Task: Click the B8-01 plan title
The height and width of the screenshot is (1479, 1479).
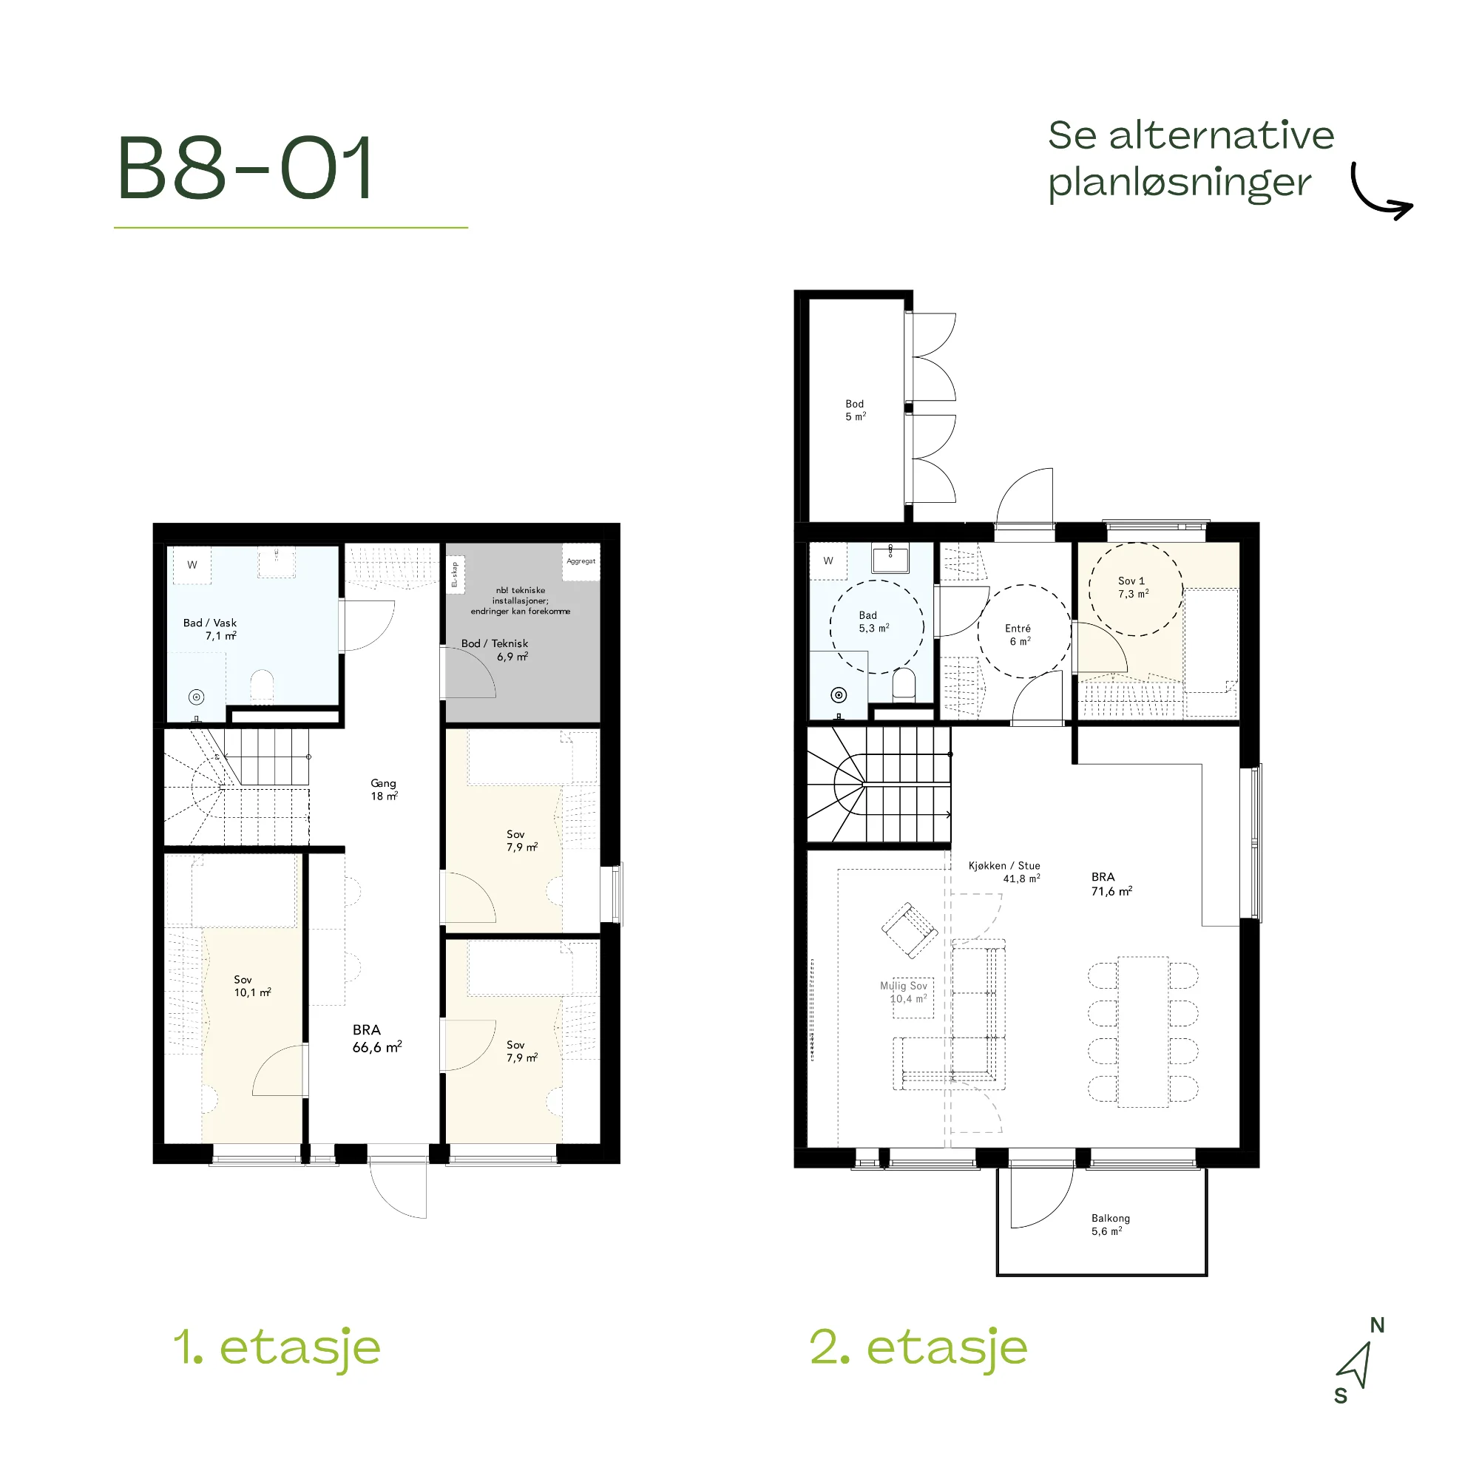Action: pos(245,168)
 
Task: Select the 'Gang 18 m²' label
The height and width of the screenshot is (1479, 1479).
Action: pos(384,789)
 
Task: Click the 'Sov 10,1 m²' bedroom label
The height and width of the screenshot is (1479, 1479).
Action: pos(252,986)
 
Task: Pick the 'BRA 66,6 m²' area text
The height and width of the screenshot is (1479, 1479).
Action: pos(376,1039)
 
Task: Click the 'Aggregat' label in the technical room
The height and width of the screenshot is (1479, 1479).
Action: pos(581,561)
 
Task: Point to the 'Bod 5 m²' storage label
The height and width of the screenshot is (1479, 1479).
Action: pos(855,410)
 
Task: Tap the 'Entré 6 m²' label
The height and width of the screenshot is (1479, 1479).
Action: pos(1018,634)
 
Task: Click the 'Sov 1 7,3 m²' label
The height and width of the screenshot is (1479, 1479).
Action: pos(1133,587)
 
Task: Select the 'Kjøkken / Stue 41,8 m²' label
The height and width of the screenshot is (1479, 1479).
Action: pos(1004,872)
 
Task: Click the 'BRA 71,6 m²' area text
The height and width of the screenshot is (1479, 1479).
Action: pos(1111,884)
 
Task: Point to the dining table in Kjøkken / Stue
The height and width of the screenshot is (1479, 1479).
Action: pos(1143,1031)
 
